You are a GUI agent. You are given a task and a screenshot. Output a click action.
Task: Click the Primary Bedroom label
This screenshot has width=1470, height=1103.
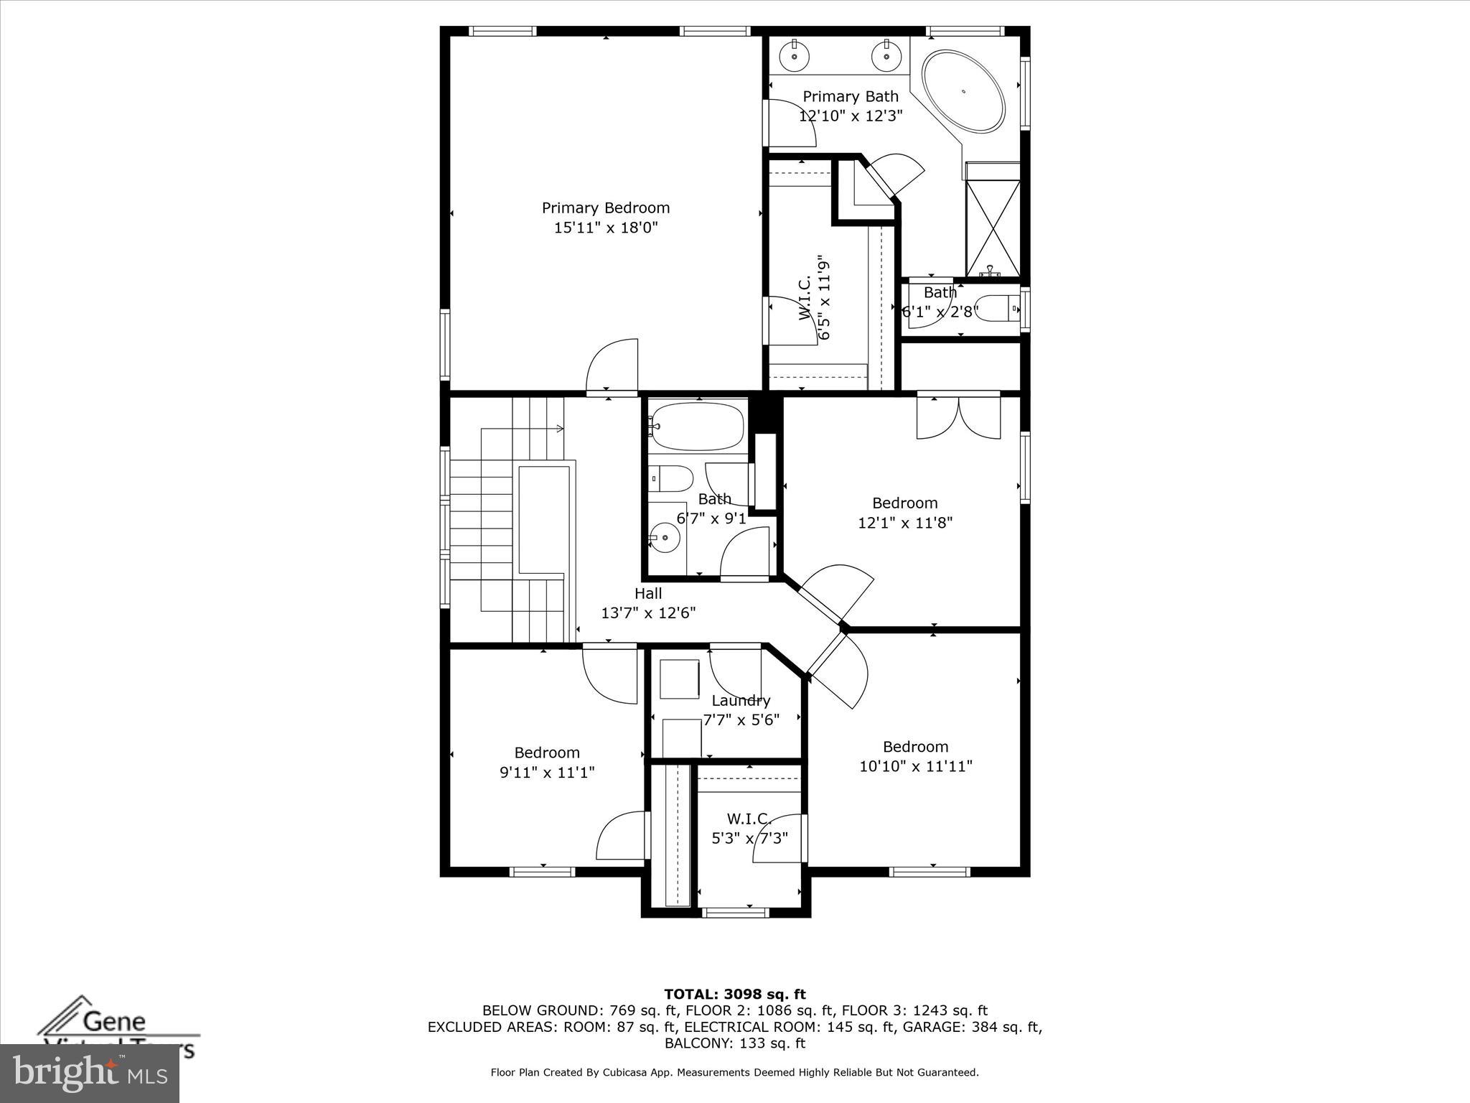pos(605,208)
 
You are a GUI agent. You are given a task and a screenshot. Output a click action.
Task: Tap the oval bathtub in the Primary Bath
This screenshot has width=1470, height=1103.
pos(963,91)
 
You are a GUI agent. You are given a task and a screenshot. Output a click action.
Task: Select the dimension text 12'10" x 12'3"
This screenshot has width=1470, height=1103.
pos(851,116)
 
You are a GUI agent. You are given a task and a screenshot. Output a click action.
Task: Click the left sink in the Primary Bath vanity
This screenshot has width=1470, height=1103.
pos(794,55)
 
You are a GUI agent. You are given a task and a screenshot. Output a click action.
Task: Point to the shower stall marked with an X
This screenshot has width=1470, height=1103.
pos(993,220)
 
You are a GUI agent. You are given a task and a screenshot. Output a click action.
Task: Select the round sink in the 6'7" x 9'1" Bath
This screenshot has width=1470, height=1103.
pos(665,536)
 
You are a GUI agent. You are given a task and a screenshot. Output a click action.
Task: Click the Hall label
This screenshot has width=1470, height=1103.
pos(648,593)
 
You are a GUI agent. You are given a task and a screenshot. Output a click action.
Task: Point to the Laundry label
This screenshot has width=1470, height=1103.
pos(741,700)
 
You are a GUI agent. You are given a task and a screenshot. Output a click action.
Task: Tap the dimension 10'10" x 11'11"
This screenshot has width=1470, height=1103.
pos(916,766)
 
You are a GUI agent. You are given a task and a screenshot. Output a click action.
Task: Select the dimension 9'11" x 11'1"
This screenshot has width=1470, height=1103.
pos(547,773)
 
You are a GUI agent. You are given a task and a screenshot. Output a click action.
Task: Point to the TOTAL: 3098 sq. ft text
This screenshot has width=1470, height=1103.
pos(734,995)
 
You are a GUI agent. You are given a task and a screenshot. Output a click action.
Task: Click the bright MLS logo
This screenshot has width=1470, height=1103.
pos(89,1073)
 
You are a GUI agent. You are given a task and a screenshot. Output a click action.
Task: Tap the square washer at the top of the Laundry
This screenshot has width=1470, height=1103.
pos(679,679)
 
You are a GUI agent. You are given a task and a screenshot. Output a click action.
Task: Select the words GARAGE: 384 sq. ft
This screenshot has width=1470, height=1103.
pos(971,1027)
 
